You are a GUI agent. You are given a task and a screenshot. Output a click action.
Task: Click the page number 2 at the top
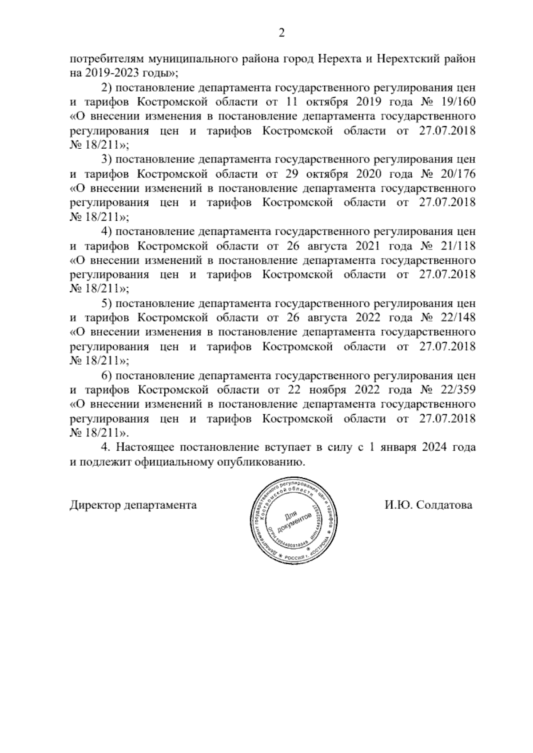[281, 33]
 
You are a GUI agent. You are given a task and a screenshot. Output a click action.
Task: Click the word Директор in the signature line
[95, 505]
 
